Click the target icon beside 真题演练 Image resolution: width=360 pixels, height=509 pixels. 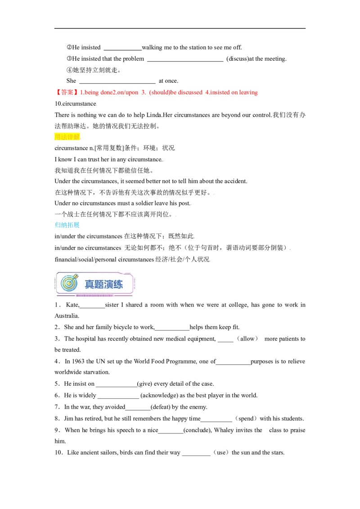[x=70, y=283]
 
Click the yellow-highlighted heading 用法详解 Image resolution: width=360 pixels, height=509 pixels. [x=67, y=137]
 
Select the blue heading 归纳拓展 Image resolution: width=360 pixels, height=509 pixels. [x=67, y=225]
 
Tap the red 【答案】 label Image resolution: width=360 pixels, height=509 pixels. [x=66, y=92]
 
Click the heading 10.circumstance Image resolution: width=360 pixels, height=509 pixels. [x=76, y=103]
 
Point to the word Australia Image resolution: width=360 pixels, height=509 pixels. [x=67, y=316]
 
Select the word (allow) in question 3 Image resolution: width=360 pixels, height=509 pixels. [x=247, y=339]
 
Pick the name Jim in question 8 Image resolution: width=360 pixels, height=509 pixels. [x=68, y=419]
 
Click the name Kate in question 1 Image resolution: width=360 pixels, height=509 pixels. [x=72, y=305]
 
